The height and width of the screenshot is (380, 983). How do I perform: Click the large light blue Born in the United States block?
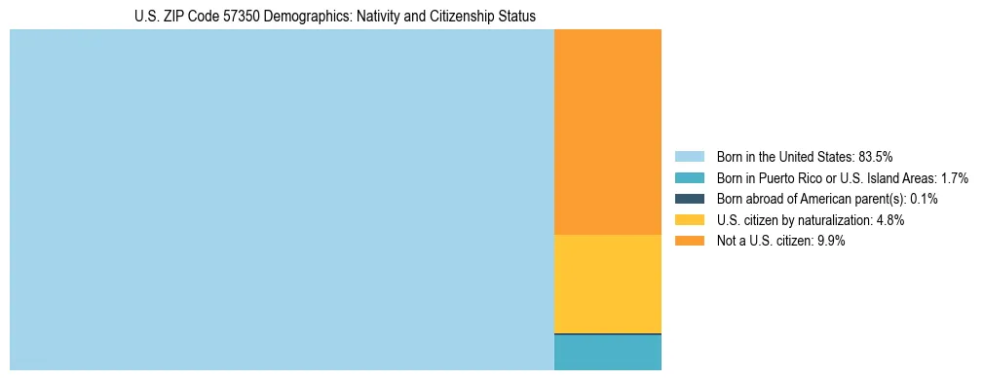point(281,200)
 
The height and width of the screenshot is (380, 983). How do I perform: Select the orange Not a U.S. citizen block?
point(607,132)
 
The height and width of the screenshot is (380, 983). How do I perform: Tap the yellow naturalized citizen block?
point(607,284)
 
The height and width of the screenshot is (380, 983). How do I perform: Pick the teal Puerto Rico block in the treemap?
point(607,354)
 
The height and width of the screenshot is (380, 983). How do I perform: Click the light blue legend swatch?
point(689,156)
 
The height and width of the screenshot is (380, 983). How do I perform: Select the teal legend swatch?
point(689,177)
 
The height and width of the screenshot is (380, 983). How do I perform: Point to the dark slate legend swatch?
point(689,199)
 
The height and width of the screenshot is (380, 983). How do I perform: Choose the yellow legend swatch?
point(689,220)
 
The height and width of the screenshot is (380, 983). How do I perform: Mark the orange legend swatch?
point(689,241)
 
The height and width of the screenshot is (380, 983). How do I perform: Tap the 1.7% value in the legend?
point(953,177)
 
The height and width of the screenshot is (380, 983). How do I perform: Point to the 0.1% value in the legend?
point(924,199)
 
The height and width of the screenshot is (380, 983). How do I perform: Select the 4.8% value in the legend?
point(888,220)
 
